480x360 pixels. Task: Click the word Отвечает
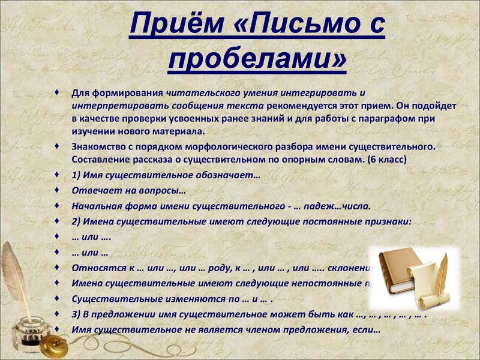pos(95,191)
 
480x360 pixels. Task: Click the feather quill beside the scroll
pos(441,273)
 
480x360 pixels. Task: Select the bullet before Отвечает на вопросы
pos(57,190)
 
